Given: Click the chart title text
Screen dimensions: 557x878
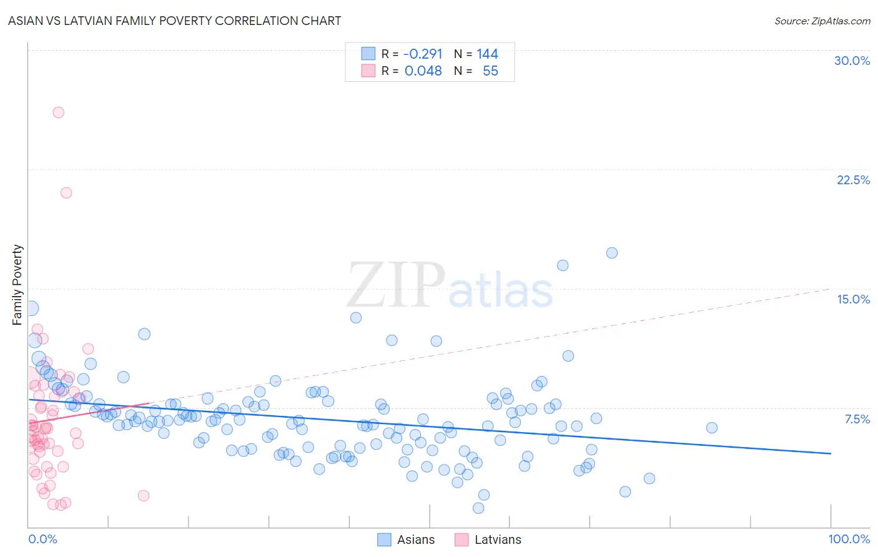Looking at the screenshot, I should (175, 21).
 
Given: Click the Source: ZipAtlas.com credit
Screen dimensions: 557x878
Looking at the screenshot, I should (822, 21).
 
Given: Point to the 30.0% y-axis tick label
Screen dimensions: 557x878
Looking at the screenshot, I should (852, 61).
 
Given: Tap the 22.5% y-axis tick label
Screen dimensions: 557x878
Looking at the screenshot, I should (853, 180).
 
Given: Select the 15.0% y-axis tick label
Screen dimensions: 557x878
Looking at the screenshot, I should (853, 299).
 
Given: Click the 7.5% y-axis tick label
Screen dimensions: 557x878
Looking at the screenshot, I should (857, 419).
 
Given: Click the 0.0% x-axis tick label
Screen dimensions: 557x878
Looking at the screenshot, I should (42, 539).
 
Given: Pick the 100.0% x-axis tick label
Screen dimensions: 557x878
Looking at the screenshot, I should (849, 539).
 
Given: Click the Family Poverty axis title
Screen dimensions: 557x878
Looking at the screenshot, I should (17, 285).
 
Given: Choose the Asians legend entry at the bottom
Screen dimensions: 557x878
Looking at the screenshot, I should (407, 540).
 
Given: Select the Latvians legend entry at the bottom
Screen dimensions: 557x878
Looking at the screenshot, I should (488, 540).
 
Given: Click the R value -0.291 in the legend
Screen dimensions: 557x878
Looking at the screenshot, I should (423, 54).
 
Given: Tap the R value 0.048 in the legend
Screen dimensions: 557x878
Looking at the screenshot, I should (423, 71).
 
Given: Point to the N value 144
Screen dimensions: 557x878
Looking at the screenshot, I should (487, 54).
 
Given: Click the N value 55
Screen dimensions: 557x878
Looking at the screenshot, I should (490, 71).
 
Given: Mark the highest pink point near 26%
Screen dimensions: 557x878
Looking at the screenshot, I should (59, 112).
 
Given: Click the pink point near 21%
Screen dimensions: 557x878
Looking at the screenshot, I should (66, 193).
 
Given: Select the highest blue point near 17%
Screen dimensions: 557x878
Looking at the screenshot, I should (612, 253).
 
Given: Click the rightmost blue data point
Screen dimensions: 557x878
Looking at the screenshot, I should (712, 428).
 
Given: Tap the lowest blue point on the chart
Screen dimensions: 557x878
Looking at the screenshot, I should (478, 508).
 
